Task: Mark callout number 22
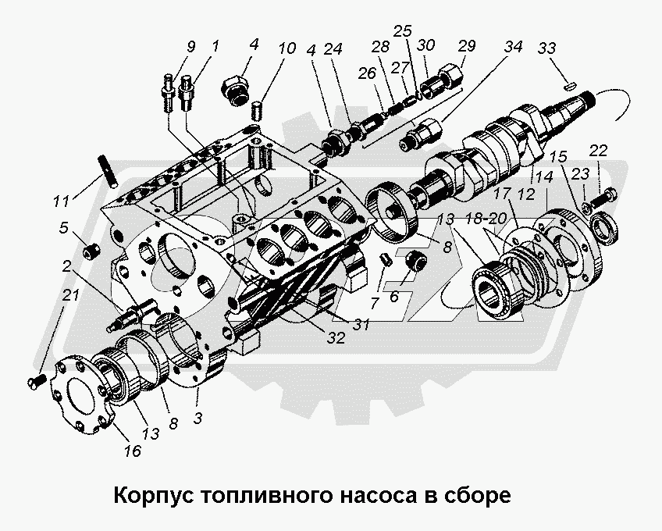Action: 597,151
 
